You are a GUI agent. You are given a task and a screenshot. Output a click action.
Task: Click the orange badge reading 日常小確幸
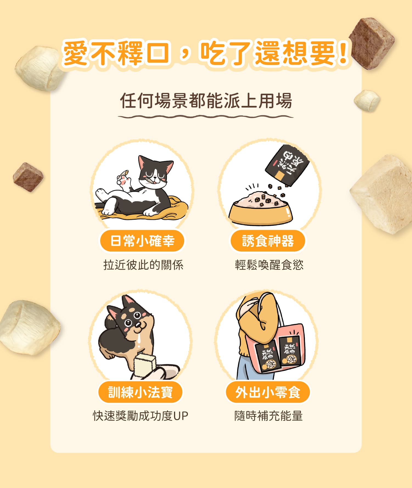click(x=142, y=241)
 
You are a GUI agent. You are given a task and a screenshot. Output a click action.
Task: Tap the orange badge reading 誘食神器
click(x=268, y=241)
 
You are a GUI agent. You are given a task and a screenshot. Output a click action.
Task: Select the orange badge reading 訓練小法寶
click(x=140, y=392)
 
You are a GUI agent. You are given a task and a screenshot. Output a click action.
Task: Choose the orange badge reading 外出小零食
click(x=268, y=392)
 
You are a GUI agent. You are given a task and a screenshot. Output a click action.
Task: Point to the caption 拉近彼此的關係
click(x=143, y=265)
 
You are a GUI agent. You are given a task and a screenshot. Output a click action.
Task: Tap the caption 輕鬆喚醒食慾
click(x=269, y=265)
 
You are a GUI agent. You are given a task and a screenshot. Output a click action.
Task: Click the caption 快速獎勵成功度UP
click(x=141, y=416)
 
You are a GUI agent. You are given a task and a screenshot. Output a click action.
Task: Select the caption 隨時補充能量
click(x=268, y=416)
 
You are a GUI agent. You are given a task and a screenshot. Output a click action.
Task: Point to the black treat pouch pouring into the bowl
click(x=287, y=165)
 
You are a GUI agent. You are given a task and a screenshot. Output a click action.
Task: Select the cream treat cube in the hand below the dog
click(x=145, y=365)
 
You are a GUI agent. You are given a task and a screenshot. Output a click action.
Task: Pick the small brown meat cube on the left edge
click(x=28, y=177)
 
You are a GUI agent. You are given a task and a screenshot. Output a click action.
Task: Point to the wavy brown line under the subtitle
click(x=206, y=117)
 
